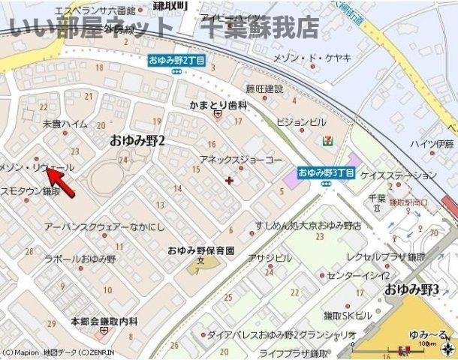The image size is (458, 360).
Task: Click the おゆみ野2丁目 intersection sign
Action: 176,60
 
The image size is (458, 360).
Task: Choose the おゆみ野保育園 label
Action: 200,250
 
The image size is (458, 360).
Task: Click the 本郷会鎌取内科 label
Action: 104,320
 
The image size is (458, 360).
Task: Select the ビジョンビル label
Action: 301,121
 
